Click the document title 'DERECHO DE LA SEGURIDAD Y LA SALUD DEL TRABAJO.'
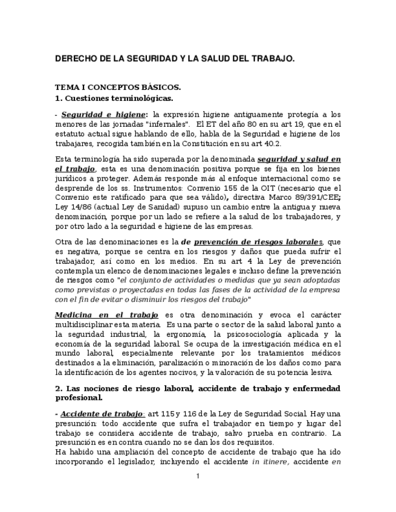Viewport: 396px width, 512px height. click(175, 59)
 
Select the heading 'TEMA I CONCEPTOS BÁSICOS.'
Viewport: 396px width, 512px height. click(118, 87)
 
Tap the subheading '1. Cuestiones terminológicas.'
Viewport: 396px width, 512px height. click(114, 98)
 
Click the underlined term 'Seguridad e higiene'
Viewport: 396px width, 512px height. click(103, 114)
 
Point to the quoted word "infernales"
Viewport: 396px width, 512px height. click(169, 124)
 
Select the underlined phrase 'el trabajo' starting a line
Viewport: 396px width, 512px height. click(75, 170)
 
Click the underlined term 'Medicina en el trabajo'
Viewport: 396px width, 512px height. click(106, 315)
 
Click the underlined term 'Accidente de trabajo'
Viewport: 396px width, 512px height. click(102, 414)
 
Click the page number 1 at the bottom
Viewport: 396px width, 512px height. click(198, 476)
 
